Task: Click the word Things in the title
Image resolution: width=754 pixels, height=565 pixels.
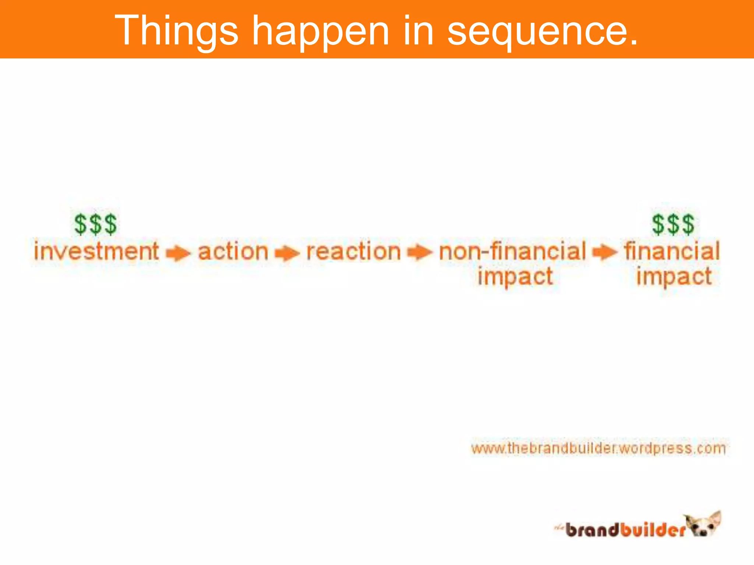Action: pyautogui.click(x=177, y=31)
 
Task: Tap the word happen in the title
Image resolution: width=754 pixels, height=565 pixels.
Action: pyautogui.click(x=320, y=31)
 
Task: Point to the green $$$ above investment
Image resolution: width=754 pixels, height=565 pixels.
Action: pyautogui.click(x=95, y=224)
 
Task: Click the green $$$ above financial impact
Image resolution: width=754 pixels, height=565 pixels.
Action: pyautogui.click(x=673, y=224)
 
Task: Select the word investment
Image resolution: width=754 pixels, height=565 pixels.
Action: pyautogui.click(x=96, y=251)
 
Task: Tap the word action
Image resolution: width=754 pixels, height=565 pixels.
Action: pyautogui.click(x=233, y=252)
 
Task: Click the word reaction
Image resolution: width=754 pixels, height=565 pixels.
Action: pyautogui.click(x=353, y=252)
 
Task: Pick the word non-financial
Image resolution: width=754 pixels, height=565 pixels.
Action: pyautogui.click(x=512, y=251)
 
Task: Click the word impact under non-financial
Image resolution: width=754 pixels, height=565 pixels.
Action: pyautogui.click(x=515, y=277)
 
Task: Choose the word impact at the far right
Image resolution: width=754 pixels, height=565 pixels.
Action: pyautogui.click(x=674, y=277)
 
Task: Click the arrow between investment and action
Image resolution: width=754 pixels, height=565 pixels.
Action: pyautogui.click(x=178, y=253)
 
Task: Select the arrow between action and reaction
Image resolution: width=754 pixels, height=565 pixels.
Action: pyautogui.click(x=287, y=253)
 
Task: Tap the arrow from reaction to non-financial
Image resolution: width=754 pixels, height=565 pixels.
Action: pyautogui.click(x=419, y=252)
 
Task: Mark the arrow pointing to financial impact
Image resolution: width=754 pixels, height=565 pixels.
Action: pyautogui.click(x=605, y=252)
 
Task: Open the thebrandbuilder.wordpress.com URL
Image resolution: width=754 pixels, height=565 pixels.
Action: pyautogui.click(x=598, y=448)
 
